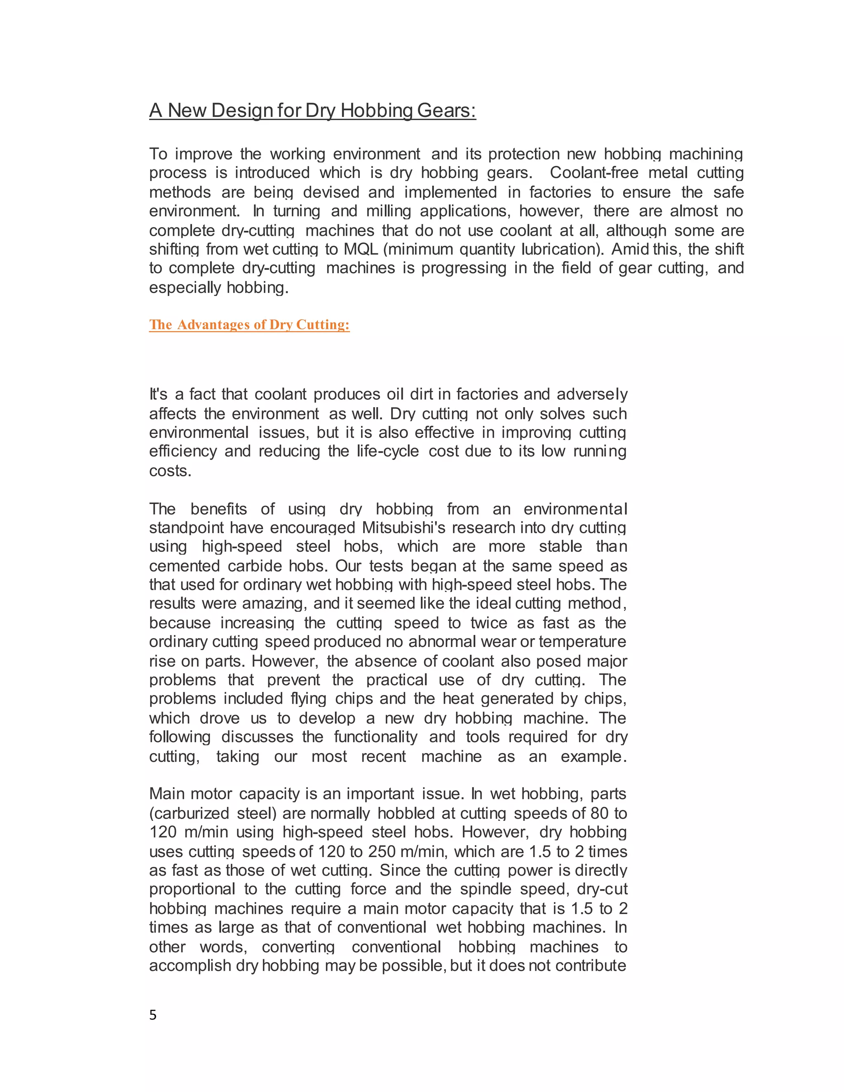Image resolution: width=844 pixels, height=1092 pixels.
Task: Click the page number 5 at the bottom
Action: [x=153, y=1015]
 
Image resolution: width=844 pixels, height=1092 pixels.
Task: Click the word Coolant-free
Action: [x=593, y=173]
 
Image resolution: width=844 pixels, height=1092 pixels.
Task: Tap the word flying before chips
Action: [x=309, y=698]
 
